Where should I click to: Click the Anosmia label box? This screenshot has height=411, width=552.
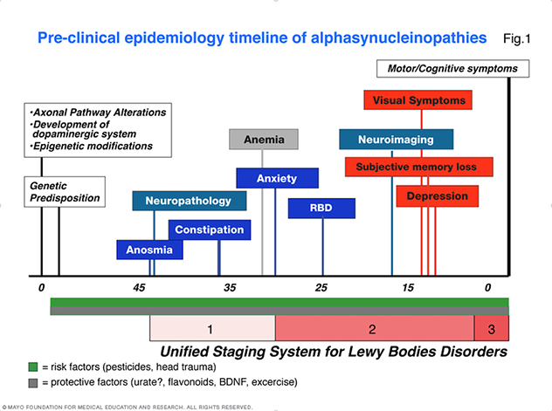(150, 250)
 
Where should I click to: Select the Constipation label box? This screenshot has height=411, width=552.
(210, 229)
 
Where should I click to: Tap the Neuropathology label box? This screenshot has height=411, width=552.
(188, 201)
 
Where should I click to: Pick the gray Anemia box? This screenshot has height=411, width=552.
(264, 139)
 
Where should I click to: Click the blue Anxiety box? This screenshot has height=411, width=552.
(277, 178)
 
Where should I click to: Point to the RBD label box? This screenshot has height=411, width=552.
(321, 209)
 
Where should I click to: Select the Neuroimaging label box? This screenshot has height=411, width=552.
(396, 139)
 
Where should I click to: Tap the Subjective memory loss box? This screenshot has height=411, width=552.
(419, 166)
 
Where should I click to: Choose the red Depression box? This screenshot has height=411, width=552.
(437, 196)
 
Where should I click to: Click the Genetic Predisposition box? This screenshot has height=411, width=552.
(66, 192)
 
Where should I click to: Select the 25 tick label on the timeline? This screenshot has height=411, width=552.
(321, 288)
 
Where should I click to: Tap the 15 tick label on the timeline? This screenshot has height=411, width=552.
(407, 288)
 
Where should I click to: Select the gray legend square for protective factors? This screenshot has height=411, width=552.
(33, 382)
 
